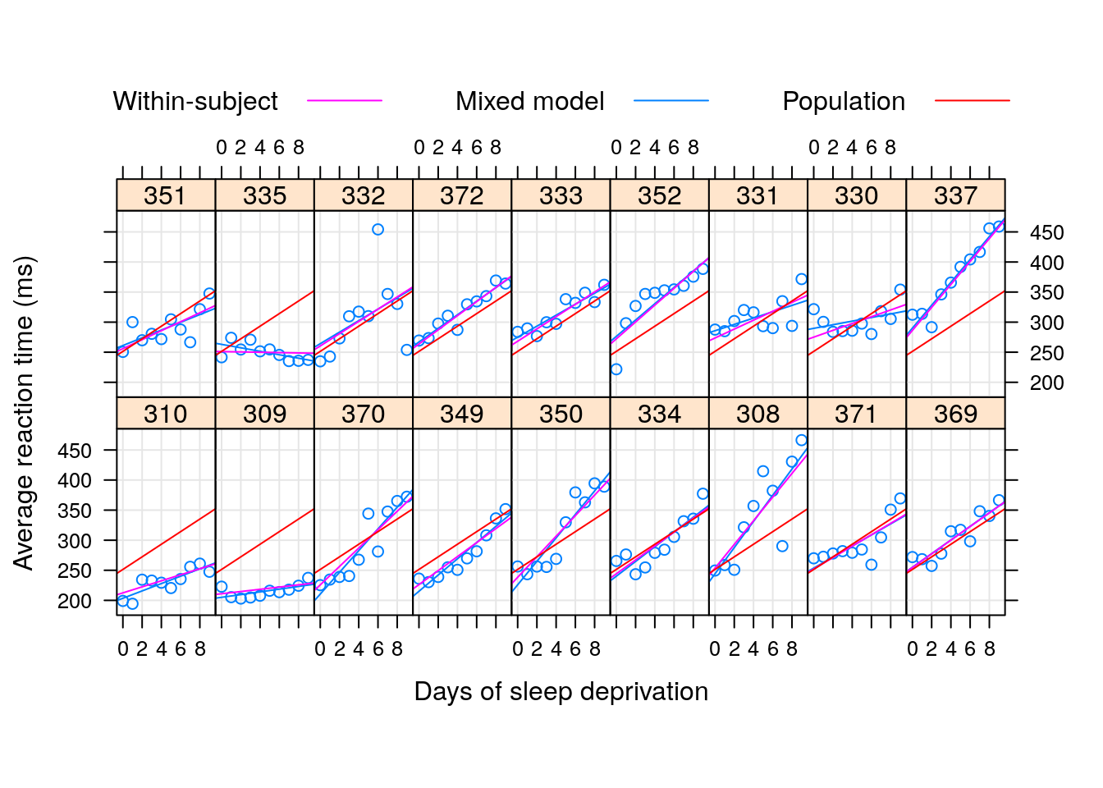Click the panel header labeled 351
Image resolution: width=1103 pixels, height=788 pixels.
(165, 196)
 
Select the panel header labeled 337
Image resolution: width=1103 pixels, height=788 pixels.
(955, 196)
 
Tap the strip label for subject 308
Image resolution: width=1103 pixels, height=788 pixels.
(757, 414)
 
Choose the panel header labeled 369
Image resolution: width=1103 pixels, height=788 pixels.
(955, 414)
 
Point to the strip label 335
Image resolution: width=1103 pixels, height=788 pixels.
(264, 196)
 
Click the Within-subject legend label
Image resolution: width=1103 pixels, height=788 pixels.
(195, 101)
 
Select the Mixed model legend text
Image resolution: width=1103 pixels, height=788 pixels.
(529, 101)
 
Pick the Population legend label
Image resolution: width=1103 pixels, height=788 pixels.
(844, 101)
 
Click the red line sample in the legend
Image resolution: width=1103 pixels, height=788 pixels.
(972, 101)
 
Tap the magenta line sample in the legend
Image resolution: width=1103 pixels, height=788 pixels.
(345, 101)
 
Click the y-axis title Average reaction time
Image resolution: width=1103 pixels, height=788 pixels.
(24, 413)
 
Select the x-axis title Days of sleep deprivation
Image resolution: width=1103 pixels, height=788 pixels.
(561, 692)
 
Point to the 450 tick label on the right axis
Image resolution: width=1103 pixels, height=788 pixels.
(1046, 233)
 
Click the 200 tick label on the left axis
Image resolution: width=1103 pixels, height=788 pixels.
(75, 601)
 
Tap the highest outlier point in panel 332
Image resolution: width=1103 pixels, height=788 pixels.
(378, 230)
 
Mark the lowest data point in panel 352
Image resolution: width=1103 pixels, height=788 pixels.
(616, 369)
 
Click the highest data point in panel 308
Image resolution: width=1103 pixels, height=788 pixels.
(801, 441)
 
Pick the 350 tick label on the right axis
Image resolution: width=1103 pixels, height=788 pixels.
(1046, 293)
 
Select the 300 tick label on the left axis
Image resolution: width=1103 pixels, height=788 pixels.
(75, 541)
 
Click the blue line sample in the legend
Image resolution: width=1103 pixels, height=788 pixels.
(670, 101)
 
